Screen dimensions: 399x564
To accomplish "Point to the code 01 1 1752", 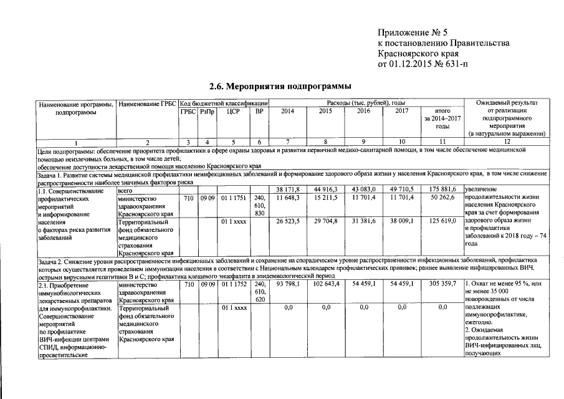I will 233,284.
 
